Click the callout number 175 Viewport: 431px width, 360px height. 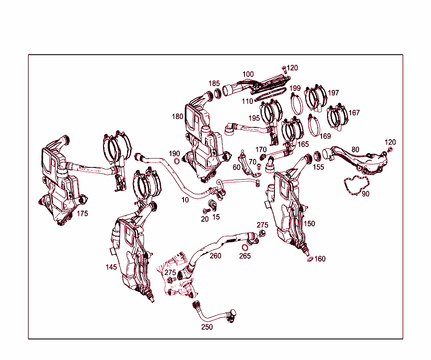(x=82, y=214)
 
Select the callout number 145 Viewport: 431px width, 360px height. (x=111, y=267)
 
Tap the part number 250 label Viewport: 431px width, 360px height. (x=207, y=327)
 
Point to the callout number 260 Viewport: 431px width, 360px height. (x=215, y=256)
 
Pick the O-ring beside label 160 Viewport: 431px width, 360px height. (x=310, y=259)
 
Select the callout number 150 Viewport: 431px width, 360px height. (x=309, y=224)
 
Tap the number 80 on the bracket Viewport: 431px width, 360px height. (x=355, y=149)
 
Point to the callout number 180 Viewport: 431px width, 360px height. (x=178, y=116)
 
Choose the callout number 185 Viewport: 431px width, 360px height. (x=214, y=84)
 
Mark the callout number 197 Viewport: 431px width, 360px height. (x=333, y=93)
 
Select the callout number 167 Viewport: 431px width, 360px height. (x=354, y=113)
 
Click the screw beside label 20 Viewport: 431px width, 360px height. (x=206, y=210)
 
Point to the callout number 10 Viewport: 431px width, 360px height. (x=185, y=200)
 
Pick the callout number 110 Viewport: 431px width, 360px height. (x=247, y=101)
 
